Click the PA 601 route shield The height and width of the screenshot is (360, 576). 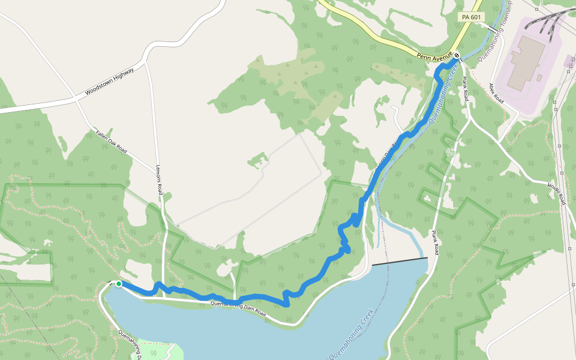point(472,17)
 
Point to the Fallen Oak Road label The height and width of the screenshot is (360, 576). point(112,141)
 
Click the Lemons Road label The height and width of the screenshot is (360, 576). point(160,180)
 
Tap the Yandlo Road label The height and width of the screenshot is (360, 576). point(556,194)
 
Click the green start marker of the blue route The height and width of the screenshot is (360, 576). point(119,284)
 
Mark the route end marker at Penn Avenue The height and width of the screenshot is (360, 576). point(457,56)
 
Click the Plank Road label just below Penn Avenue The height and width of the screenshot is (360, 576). point(465,88)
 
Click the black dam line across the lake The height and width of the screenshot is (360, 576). point(400,261)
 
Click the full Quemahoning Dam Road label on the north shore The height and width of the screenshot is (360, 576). point(238,308)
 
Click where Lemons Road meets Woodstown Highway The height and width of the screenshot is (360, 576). point(146,62)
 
